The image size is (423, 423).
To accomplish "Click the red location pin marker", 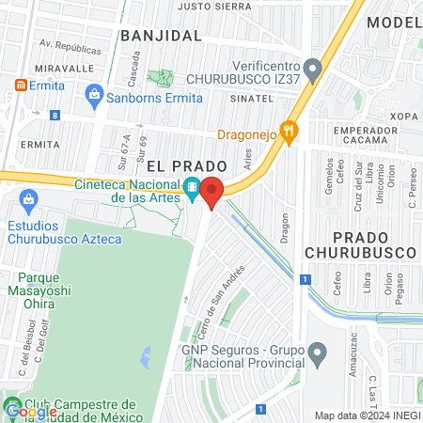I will pos(212,193).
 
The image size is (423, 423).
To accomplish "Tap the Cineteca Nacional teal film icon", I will pos(193,186).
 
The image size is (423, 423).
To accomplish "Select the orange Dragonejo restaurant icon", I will pos(290,133).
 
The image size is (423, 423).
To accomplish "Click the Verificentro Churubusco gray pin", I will pos(313,69).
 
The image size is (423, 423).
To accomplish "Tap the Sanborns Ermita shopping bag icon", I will pos(94,93).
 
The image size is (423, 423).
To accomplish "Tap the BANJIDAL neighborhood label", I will pos(161,36).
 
